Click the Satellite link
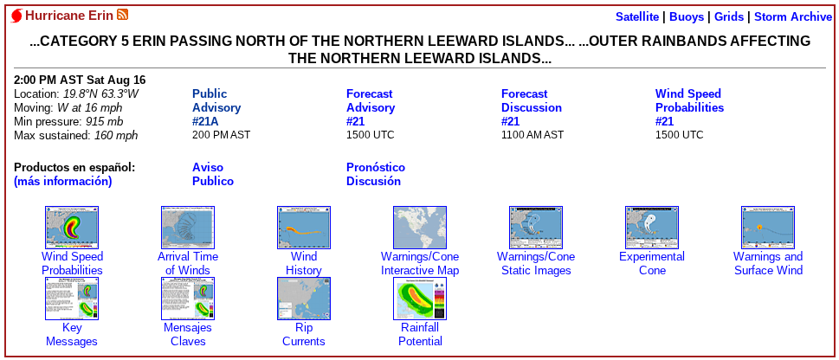[x=637, y=16]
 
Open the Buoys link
[x=687, y=16]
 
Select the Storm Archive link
[x=793, y=16]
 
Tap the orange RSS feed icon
[x=123, y=15]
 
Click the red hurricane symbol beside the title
[x=16, y=16]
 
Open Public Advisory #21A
[x=216, y=107]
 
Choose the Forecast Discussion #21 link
[x=532, y=107]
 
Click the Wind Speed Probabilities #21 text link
[x=690, y=107]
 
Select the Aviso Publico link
[x=213, y=175]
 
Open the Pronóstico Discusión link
[x=376, y=175]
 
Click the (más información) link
[x=63, y=182]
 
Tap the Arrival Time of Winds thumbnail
[x=188, y=228]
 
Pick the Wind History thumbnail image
[x=304, y=228]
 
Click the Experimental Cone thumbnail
[x=652, y=228]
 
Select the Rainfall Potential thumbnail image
[x=420, y=299]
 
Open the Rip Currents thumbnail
[x=304, y=299]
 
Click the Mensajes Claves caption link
[x=188, y=334]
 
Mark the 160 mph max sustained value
[x=116, y=135]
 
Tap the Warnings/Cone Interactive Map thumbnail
[x=420, y=228]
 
